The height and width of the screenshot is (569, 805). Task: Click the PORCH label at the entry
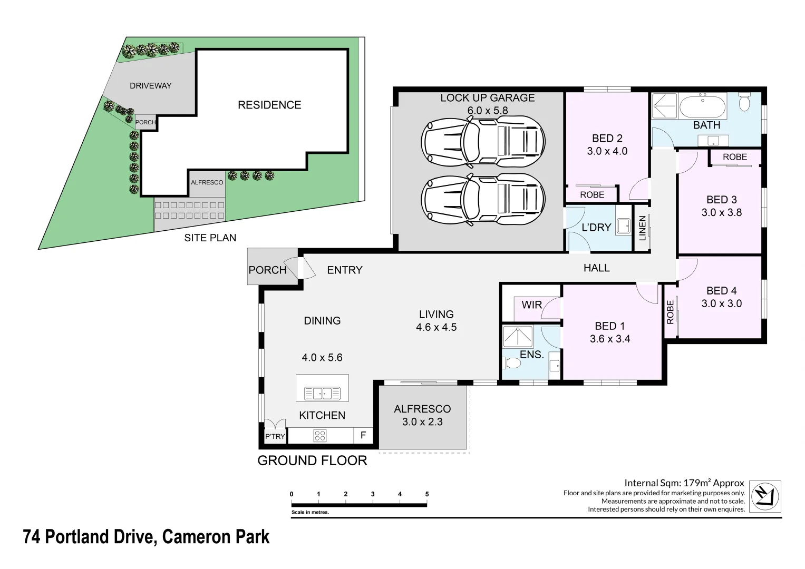pos(267,270)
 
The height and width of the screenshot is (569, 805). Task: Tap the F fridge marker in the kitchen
pos(363,435)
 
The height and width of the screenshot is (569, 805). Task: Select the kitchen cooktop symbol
pos(320,435)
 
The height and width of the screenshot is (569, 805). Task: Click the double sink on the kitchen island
pos(322,393)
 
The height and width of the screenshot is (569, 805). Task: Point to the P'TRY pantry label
pos(275,436)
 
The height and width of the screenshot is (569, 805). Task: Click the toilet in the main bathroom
pos(744,102)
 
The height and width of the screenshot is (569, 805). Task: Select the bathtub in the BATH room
pos(702,107)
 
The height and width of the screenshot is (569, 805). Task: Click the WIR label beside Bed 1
pos(531,305)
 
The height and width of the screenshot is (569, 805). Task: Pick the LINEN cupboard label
pos(642,228)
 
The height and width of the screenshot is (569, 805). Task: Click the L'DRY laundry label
pos(596,227)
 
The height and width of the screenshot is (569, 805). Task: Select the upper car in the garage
pos(482,141)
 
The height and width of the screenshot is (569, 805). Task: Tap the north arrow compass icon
pos(765,496)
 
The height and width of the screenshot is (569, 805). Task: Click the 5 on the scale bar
pos(427,494)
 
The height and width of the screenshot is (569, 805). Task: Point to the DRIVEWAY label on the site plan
pos(151,85)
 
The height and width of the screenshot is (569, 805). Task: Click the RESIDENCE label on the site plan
pos(269,105)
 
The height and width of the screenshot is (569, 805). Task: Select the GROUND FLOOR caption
pos(312,460)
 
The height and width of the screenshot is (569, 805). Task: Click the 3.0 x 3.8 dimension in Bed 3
pos(721,212)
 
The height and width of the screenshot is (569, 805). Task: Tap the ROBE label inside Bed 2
pos(592,194)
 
